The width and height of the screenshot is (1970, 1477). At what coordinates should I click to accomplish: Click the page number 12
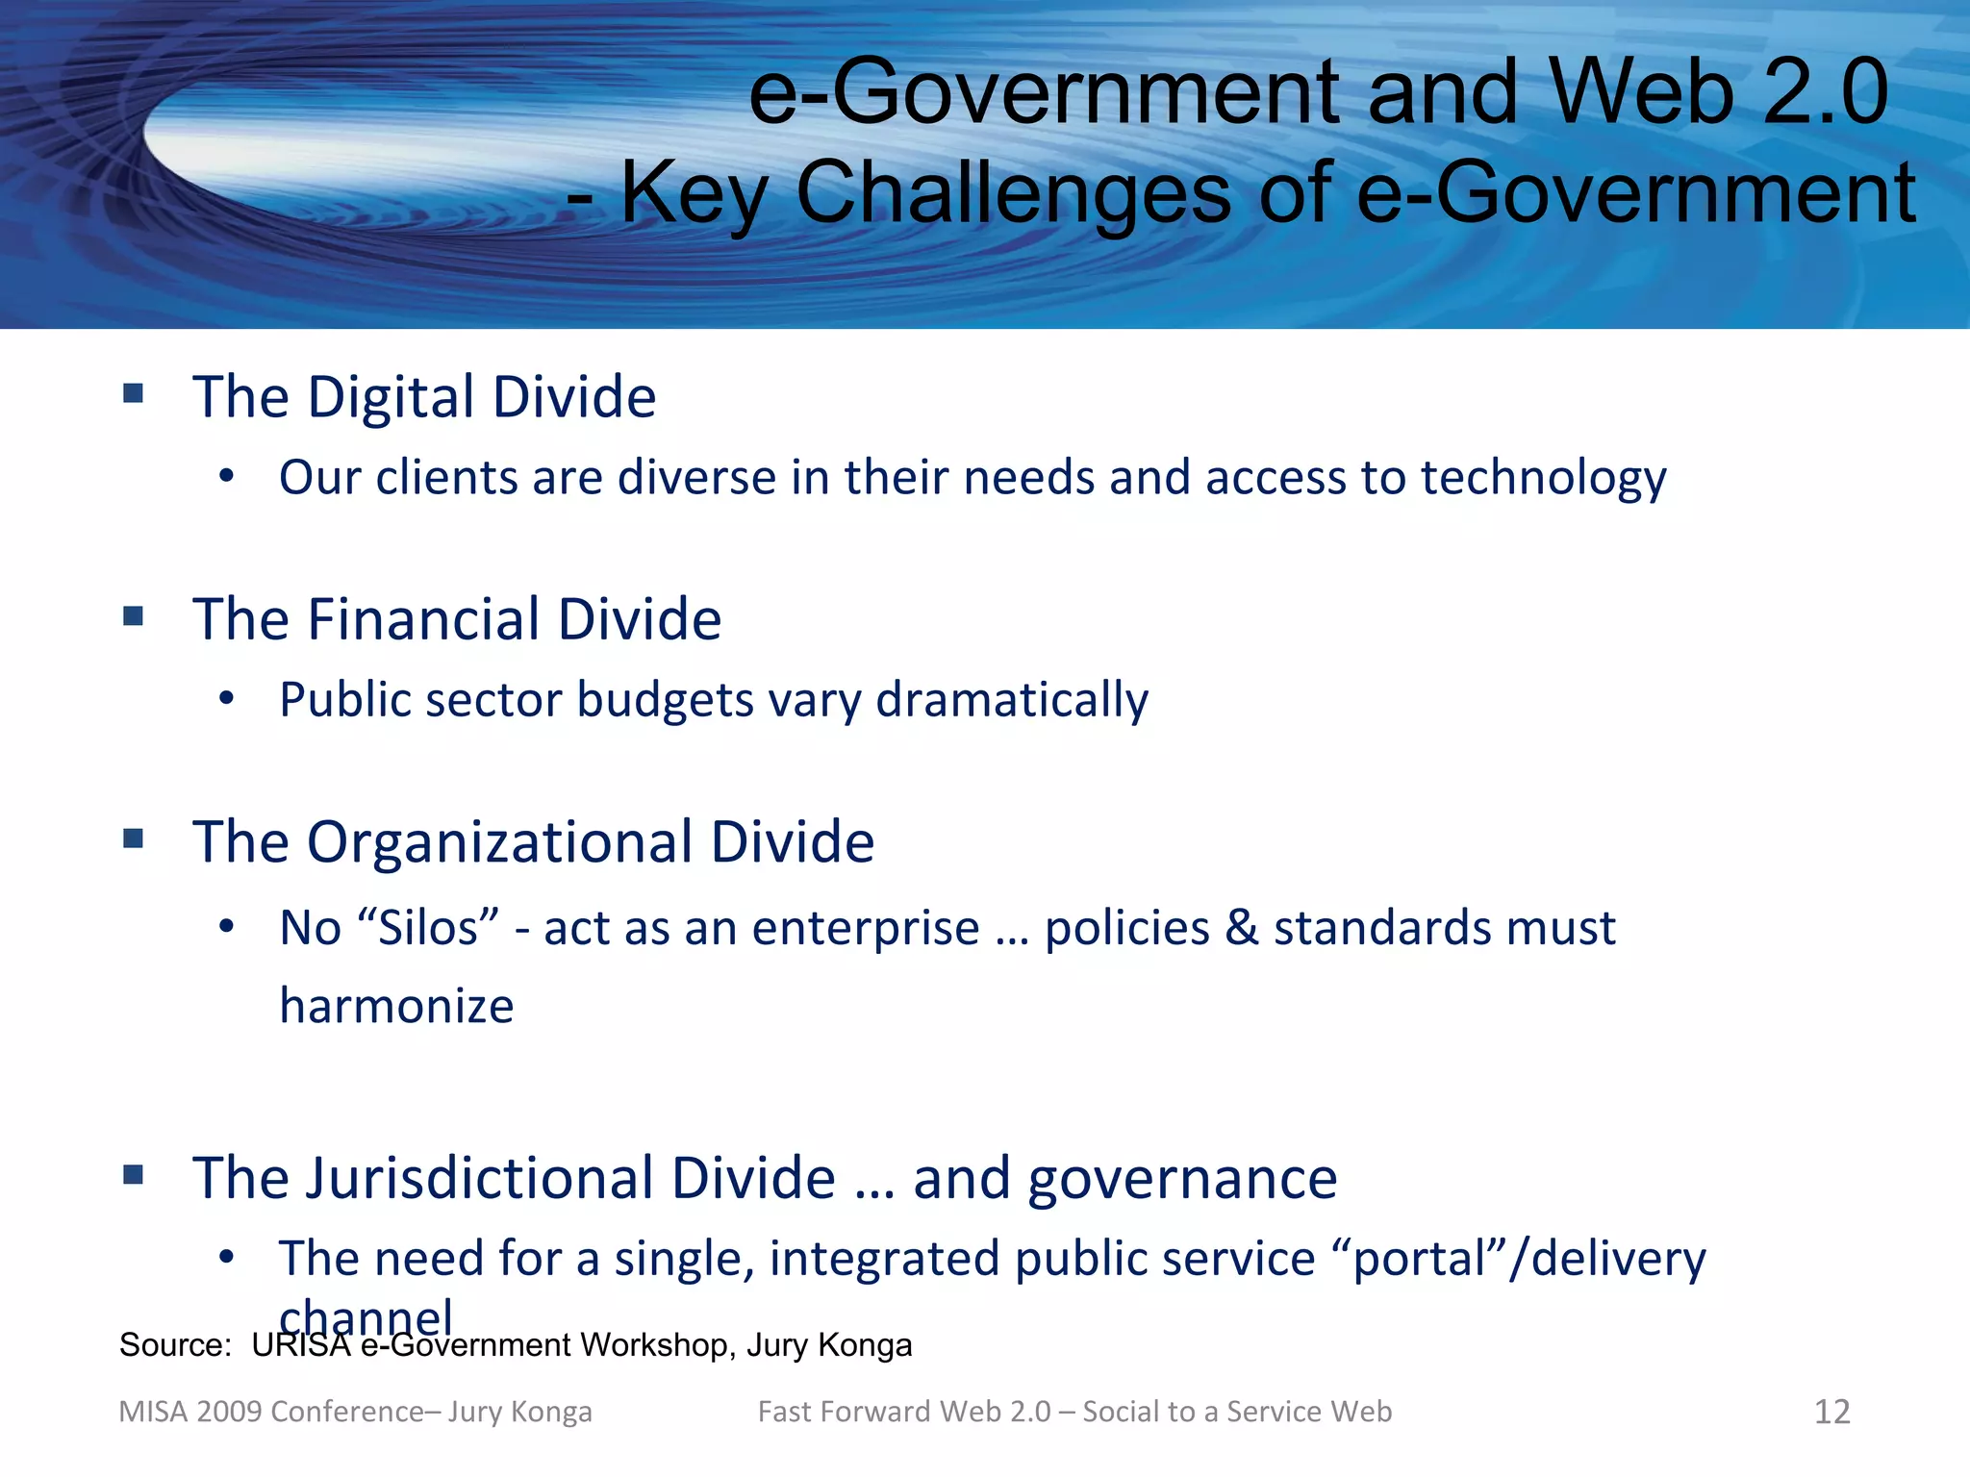[x=1831, y=1412]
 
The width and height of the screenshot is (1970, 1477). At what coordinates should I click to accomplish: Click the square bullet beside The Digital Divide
[x=134, y=393]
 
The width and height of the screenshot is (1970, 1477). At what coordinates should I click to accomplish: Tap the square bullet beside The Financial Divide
[x=134, y=615]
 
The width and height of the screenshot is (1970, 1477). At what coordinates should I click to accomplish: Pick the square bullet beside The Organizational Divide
[x=134, y=839]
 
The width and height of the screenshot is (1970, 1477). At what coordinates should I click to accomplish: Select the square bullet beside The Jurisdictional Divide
[x=134, y=1174]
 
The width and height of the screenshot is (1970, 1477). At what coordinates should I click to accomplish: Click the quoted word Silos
[x=427, y=929]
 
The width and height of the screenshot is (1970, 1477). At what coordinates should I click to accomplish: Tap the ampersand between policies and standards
[x=1242, y=929]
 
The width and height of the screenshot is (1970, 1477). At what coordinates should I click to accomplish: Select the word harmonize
[x=396, y=1007]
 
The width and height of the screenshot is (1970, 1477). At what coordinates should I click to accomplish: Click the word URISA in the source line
[x=301, y=1345]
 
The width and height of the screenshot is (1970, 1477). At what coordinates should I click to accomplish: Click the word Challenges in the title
[x=1013, y=192]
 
